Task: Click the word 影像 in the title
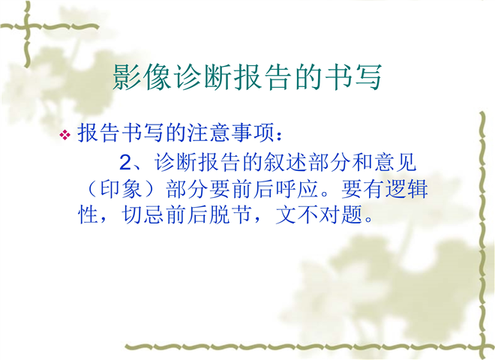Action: point(142,77)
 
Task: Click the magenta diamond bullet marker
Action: point(65,135)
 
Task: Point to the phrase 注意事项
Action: point(231,133)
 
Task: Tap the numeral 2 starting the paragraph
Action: point(125,163)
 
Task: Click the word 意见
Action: point(395,163)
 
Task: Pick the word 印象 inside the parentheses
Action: point(121,189)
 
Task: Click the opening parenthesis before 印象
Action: point(90,189)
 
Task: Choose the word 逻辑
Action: point(406,189)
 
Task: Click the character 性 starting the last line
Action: point(88,215)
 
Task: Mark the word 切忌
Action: point(142,215)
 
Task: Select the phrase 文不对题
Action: point(319,215)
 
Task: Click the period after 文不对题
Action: point(368,220)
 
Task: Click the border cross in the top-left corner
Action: point(28,26)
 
